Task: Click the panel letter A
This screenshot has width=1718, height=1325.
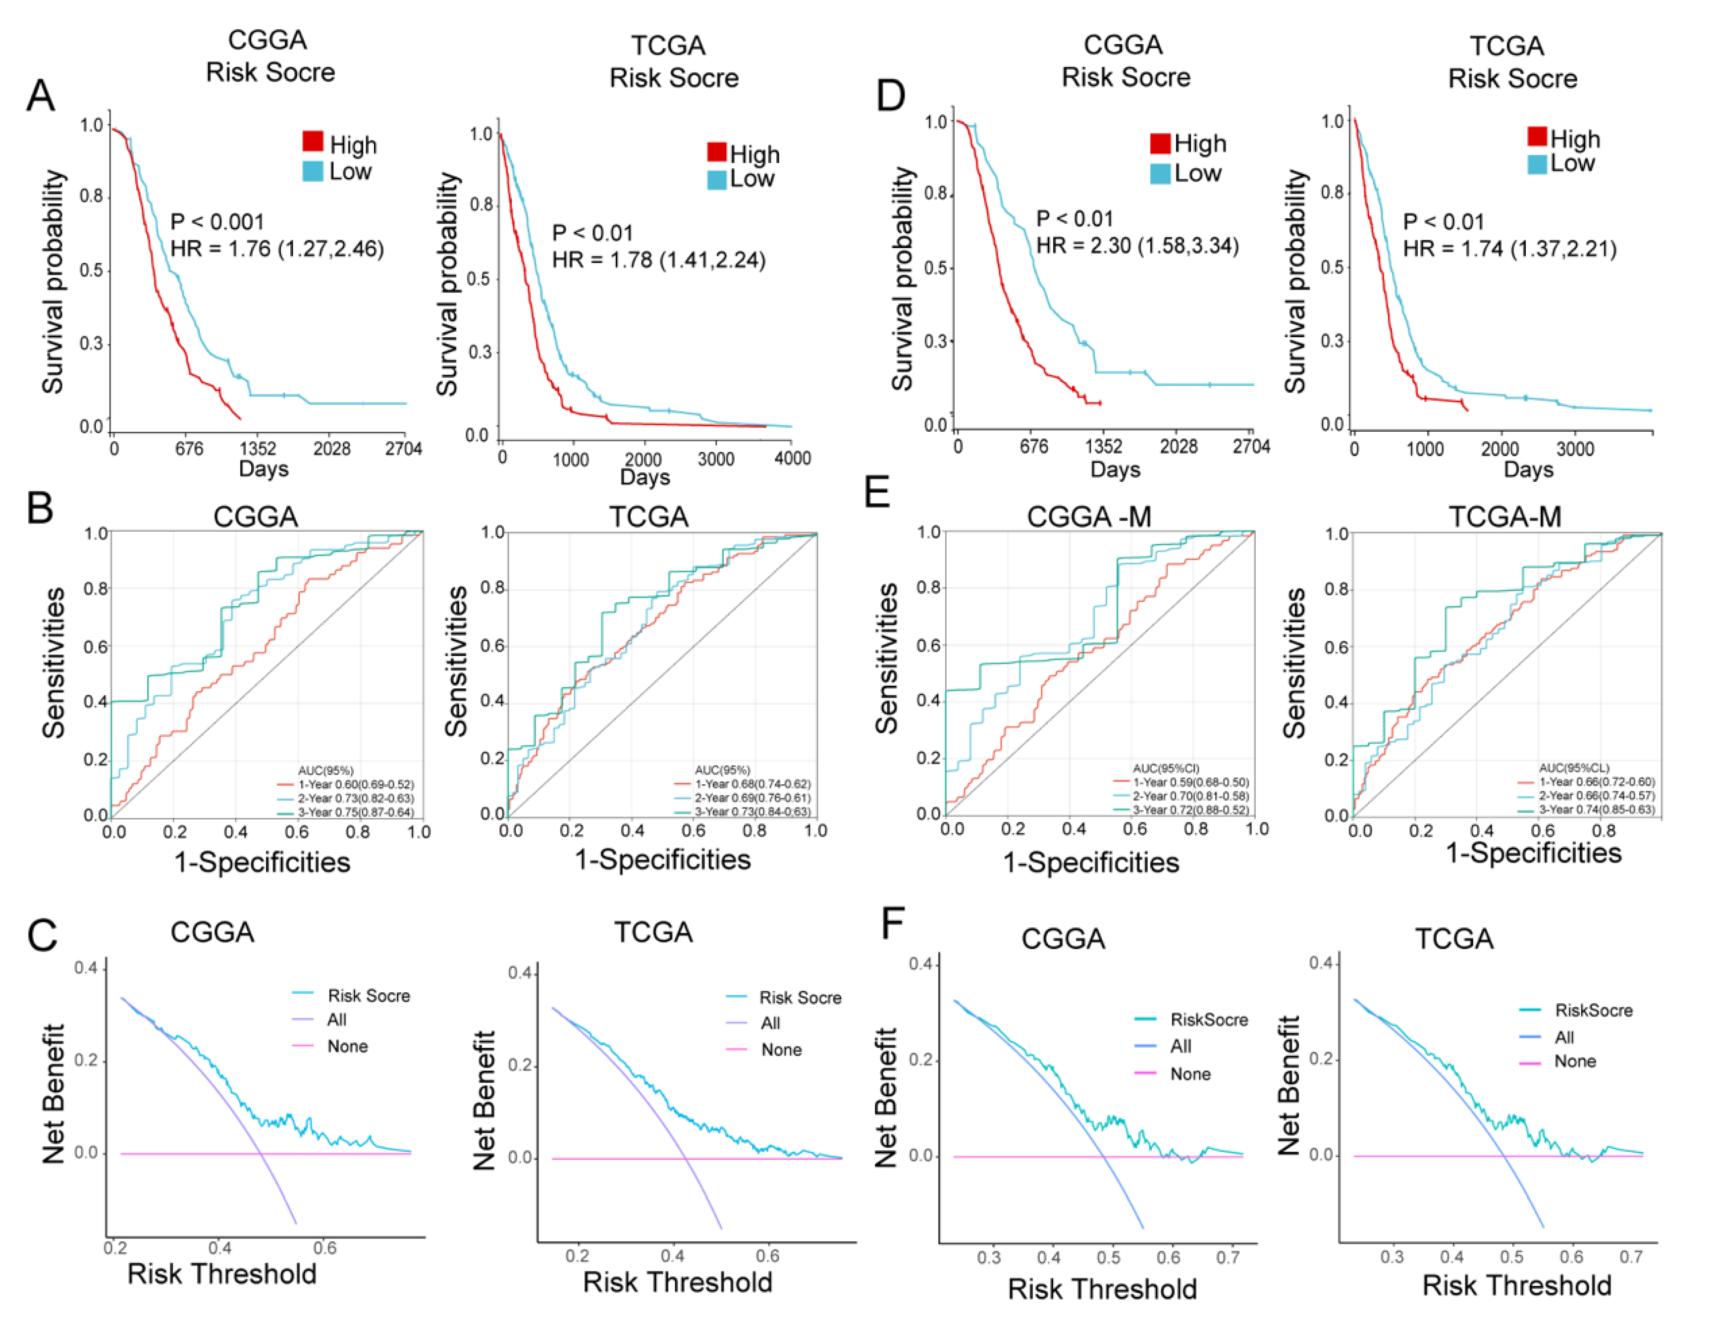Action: [x=41, y=96]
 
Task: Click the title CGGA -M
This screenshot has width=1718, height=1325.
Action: [x=1089, y=516]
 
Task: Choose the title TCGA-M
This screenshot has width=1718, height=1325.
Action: [x=1504, y=516]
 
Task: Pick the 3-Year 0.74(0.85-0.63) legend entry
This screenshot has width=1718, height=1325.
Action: [x=1596, y=809]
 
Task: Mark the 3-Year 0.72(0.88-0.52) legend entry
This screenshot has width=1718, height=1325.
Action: [x=1190, y=809]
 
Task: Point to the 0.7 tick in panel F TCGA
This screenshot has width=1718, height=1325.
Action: [x=1631, y=1257]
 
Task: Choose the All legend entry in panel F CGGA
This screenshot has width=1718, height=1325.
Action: [x=1180, y=1046]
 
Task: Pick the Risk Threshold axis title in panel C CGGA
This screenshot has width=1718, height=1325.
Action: [x=222, y=1274]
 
